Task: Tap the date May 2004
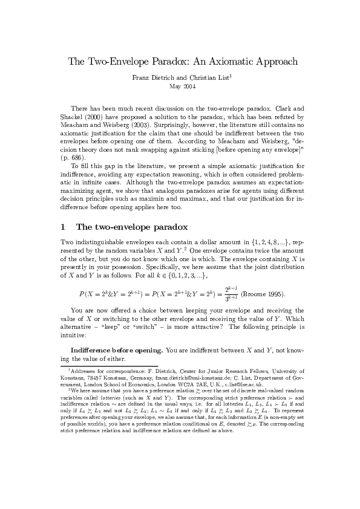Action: point(180,87)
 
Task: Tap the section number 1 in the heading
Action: point(63,227)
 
